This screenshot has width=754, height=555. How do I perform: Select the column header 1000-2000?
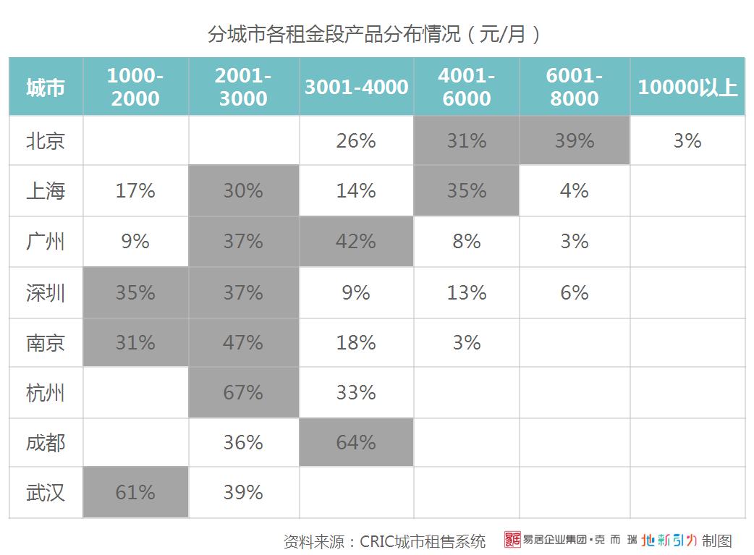pyautogui.click(x=135, y=87)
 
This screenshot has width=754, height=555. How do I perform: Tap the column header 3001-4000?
pyautogui.click(x=356, y=88)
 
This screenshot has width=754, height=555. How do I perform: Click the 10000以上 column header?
pyautogui.click(x=687, y=88)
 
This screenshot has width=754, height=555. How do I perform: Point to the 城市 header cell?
pyautogui.click(x=46, y=88)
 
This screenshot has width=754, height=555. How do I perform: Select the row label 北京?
pyautogui.click(x=46, y=140)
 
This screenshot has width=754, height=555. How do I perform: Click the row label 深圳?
pyautogui.click(x=46, y=292)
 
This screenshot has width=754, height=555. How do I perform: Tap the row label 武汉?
pyautogui.click(x=46, y=493)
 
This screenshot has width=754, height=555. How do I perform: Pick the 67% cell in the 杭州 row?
pyautogui.click(x=243, y=392)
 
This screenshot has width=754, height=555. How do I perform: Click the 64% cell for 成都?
pyautogui.click(x=356, y=442)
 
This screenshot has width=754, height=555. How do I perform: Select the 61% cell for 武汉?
pyautogui.click(x=135, y=493)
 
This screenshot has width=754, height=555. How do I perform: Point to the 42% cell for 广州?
pyautogui.click(x=356, y=241)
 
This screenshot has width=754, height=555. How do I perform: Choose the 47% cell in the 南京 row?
pyautogui.click(x=243, y=342)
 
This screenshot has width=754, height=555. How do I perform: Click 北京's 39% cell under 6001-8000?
pyautogui.click(x=575, y=140)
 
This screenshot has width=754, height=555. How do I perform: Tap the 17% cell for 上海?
pyautogui.click(x=135, y=191)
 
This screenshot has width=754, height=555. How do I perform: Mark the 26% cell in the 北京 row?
pyautogui.click(x=356, y=140)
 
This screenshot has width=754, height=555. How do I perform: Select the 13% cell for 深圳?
pyautogui.click(x=467, y=292)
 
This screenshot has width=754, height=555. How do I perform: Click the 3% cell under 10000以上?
pyautogui.click(x=687, y=140)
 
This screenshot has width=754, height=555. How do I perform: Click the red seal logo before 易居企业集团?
pyautogui.click(x=512, y=540)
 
